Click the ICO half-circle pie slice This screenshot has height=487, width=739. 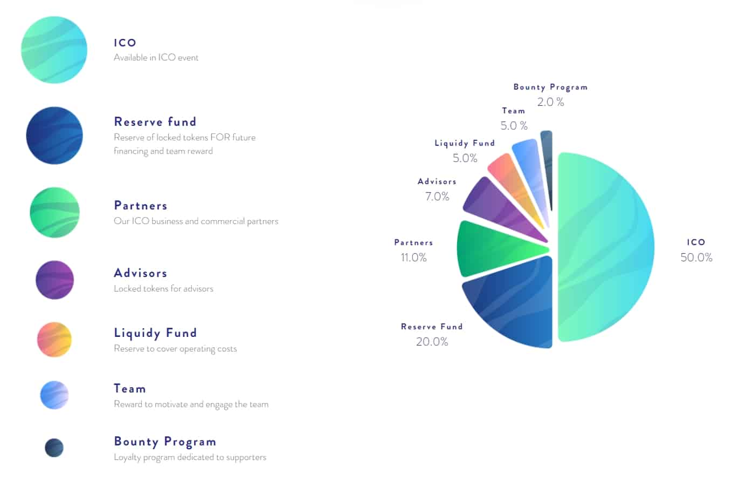point(604,247)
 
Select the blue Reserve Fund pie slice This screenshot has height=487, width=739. point(517,305)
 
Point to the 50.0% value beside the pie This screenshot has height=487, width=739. point(696,258)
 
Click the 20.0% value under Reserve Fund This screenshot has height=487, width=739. point(432,342)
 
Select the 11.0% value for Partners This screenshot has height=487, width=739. point(413,258)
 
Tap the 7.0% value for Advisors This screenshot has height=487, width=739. point(437,197)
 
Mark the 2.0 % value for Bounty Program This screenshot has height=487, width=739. point(550,102)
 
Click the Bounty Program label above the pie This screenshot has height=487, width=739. point(550,87)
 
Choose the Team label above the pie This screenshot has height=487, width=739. point(513,111)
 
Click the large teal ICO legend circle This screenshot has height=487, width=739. point(54,50)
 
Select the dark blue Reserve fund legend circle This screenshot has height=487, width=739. point(54,136)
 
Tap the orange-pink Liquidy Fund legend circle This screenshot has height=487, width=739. point(54,340)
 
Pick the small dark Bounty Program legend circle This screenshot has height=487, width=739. point(54,448)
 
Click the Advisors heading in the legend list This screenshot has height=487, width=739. point(140,273)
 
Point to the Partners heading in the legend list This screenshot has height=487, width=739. point(140,206)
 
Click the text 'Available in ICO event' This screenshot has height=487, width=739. point(156,58)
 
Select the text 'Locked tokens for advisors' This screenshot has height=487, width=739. point(163,289)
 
